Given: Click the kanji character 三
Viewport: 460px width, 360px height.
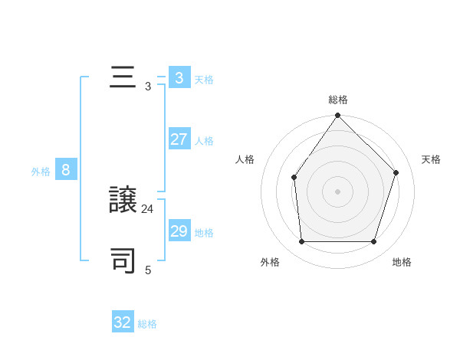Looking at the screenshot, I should tap(123, 78).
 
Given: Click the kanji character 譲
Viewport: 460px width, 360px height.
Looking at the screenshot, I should tap(123, 200).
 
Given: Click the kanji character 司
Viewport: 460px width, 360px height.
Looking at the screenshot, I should tap(123, 260).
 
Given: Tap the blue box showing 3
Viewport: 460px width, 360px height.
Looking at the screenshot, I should tap(179, 78).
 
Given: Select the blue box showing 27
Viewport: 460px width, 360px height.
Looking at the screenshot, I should tap(179, 139).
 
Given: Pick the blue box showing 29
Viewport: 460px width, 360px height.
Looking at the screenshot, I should tap(179, 231).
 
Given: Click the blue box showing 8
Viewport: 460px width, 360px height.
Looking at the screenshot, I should tap(66, 170).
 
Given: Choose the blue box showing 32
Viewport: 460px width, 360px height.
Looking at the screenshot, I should tap(123, 322).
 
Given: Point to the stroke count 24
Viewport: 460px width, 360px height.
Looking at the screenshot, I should tap(148, 208).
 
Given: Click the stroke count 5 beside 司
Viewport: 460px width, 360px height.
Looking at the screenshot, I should tap(148, 270).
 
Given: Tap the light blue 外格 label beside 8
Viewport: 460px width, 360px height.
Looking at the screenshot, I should tap(41, 172).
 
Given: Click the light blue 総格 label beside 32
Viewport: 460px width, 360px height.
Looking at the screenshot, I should tap(147, 324).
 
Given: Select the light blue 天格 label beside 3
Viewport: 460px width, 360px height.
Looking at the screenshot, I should tap(204, 80).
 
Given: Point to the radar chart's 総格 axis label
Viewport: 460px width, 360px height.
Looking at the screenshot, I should tap(338, 100).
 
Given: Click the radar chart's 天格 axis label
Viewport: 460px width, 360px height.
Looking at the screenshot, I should tap(432, 159).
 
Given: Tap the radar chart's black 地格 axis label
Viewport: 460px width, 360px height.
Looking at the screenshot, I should tap(402, 262).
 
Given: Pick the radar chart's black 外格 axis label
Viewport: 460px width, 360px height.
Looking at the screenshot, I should tap(270, 262).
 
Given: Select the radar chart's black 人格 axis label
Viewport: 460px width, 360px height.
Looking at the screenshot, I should tap(245, 159).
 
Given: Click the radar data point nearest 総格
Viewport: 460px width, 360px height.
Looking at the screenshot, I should tap(338, 116).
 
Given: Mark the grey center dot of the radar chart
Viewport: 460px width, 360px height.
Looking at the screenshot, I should tap(337, 191).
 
